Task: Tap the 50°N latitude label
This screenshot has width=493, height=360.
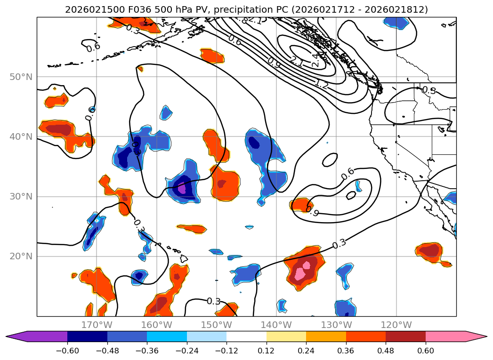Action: [x=21, y=77]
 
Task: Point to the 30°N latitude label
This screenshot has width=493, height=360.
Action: [x=21, y=196]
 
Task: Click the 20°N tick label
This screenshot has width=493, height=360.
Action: [x=21, y=256]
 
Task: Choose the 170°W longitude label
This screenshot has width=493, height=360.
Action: [x=97, y=325]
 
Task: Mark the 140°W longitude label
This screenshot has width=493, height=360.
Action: [x=276, y=325]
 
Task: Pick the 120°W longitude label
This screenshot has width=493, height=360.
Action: [x=396, y=325]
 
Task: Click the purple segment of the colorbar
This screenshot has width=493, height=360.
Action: [x=42, y=336]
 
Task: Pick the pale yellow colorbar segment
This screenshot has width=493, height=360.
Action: [x=286, y=336]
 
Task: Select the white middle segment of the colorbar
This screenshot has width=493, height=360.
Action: [x=246, y=336]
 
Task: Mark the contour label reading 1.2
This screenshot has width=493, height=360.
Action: [x=322, y=85]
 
